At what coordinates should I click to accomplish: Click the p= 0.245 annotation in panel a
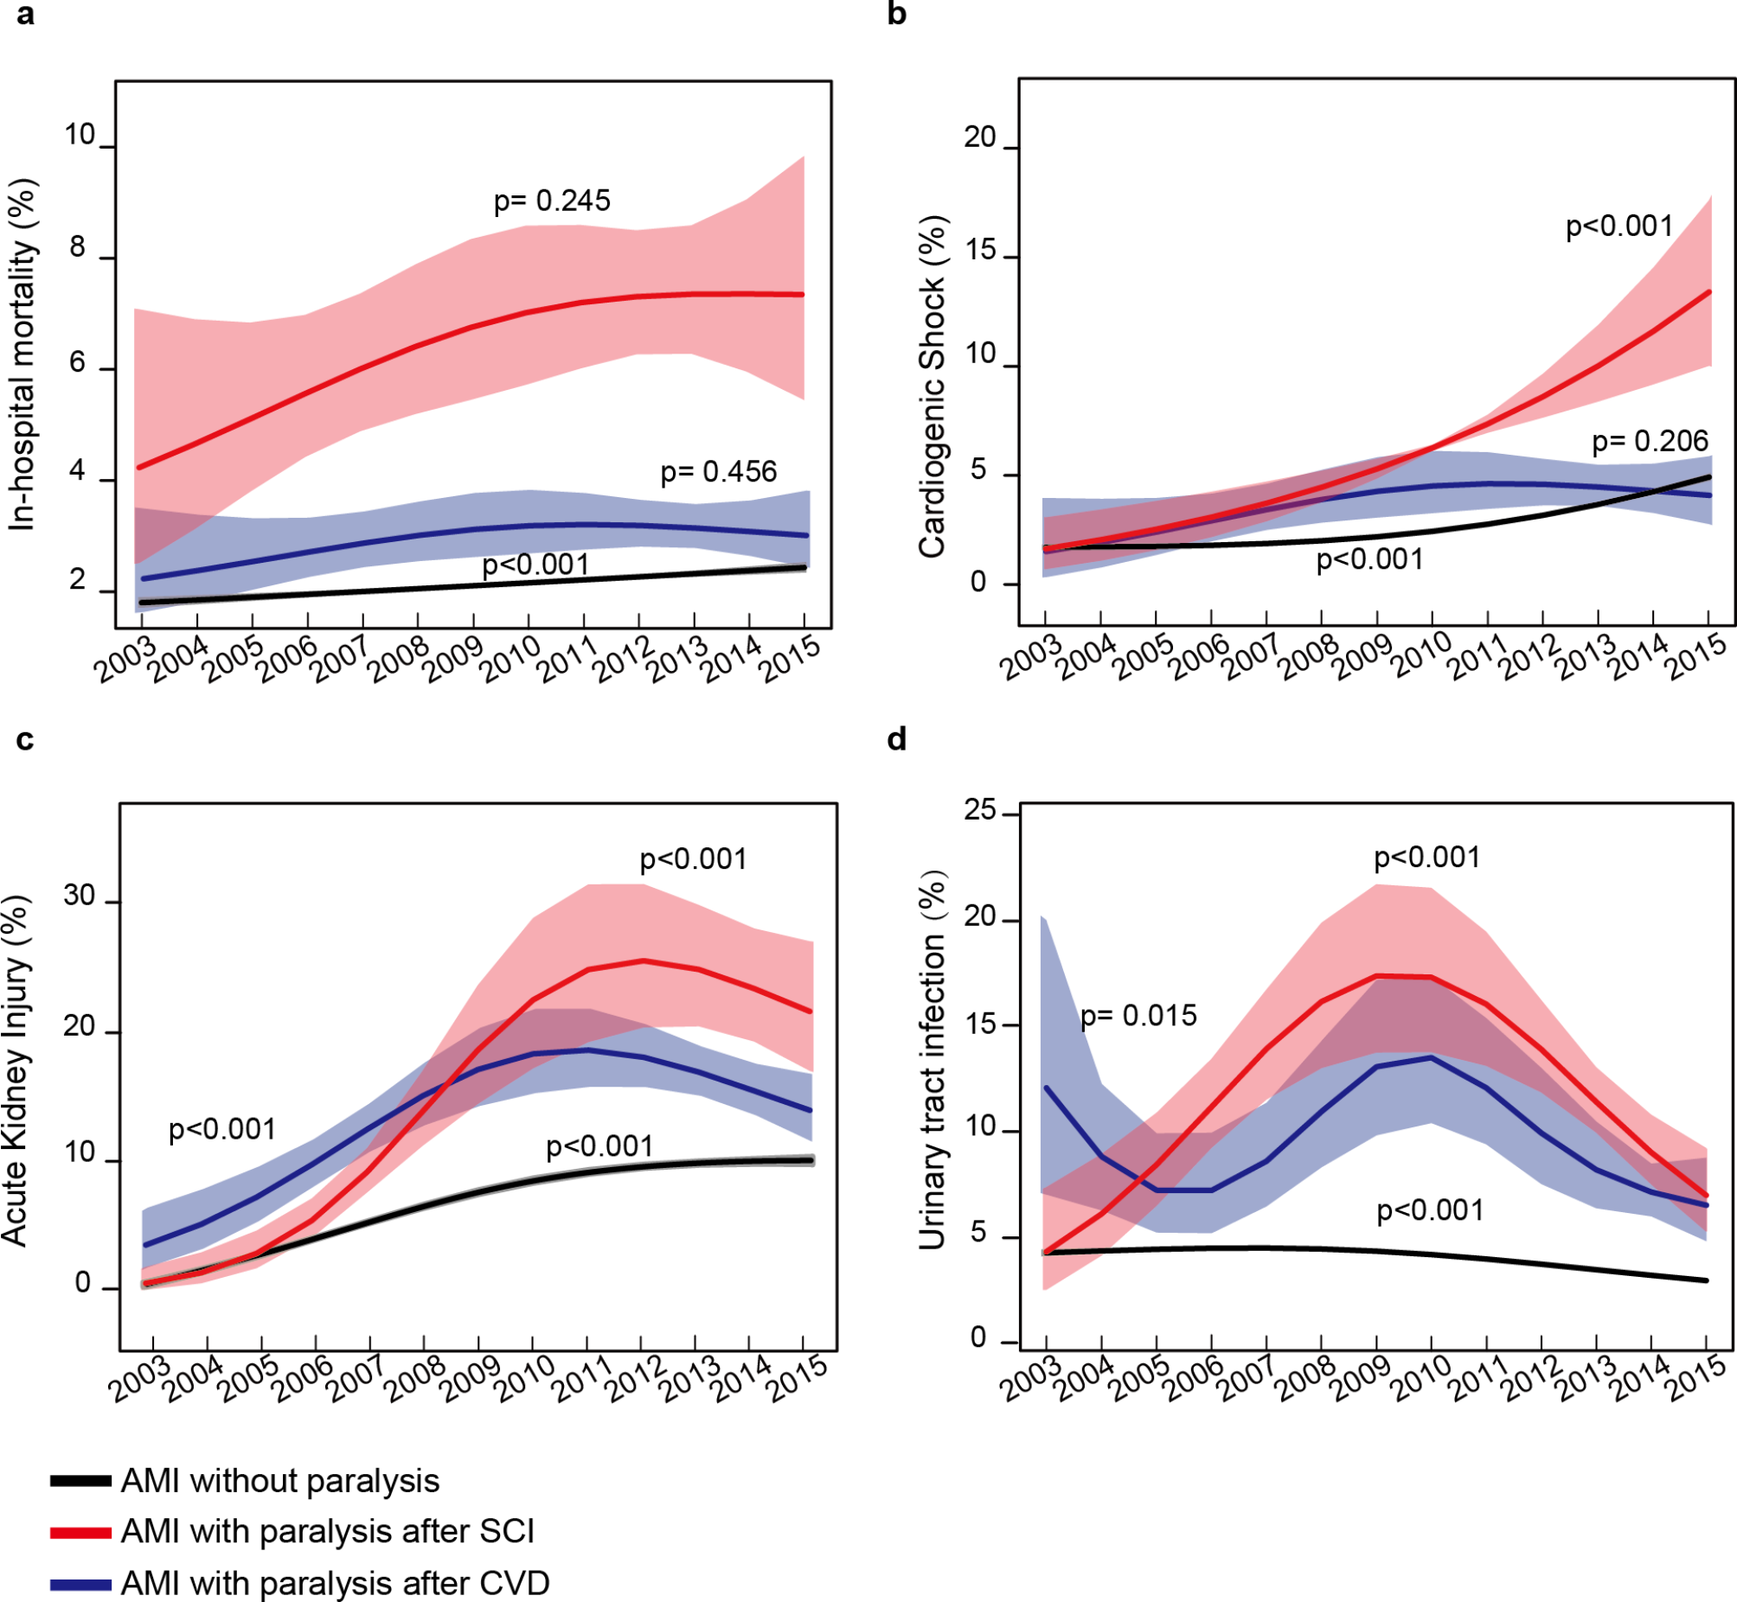552,201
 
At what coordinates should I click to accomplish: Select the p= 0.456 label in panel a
718,472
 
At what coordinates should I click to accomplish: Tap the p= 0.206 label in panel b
1650,442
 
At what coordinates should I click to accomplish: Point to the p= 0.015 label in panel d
1138,1016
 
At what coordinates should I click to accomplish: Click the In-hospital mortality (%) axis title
23,354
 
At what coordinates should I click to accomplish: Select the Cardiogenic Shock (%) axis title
933,386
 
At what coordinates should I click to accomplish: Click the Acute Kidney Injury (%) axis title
16,1071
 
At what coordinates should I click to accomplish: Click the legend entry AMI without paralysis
279,1481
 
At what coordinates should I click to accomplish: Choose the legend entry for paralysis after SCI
327,1531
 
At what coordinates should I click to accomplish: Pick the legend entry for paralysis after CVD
335,1583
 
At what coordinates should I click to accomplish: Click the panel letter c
25,739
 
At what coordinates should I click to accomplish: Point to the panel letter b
897,15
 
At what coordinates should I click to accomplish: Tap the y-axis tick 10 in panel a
80,136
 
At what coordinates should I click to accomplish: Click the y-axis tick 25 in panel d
980,811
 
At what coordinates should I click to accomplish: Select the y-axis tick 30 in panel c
79,896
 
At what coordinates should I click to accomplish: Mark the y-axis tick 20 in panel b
980,137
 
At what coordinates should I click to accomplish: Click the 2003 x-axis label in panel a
126,661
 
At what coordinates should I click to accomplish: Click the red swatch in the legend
80,1533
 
